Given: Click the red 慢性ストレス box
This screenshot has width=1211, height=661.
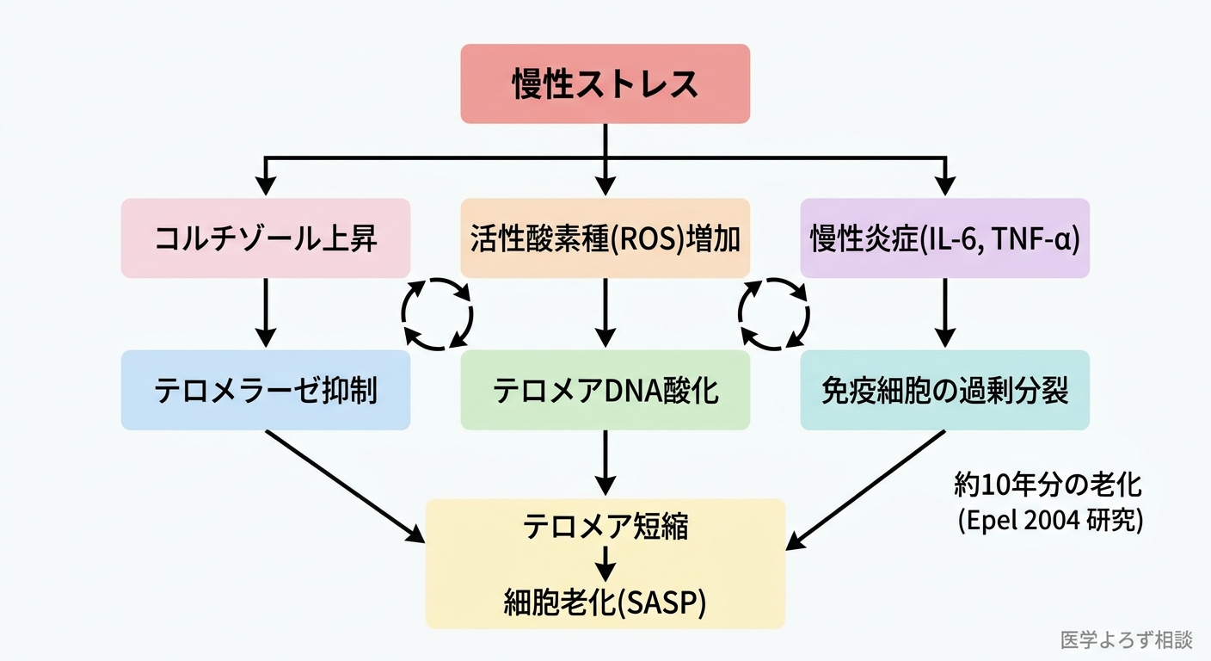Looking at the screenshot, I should (605, 83).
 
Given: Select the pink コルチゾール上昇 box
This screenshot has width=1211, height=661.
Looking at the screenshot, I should (265, 238).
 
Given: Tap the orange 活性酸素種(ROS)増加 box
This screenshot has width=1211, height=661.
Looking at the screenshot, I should (605, 238).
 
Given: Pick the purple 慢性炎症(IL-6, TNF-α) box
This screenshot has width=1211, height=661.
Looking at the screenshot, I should (944, 238).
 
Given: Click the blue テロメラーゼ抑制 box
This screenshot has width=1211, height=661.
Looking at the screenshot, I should (265, 390).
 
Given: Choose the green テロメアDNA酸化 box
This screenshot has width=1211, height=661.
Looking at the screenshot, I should (605, 390).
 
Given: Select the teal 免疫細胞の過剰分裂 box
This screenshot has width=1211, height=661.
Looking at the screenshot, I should (944, 390).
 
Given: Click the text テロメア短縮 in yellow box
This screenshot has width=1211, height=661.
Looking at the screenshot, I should (605, 527).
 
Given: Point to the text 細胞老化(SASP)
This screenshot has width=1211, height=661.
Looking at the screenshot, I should (605, 603).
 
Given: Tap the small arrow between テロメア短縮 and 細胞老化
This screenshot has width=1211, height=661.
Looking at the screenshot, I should (605, 564).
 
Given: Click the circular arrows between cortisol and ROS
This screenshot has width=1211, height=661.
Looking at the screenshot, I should (437, 313).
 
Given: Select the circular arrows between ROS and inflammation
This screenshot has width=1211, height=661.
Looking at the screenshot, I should (775, 313).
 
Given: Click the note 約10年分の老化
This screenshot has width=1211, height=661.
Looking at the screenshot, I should (1048, 485).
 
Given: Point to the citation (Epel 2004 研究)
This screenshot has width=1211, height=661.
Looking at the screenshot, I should (1050, 522).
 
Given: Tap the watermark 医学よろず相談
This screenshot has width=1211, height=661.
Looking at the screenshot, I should (1127, 639).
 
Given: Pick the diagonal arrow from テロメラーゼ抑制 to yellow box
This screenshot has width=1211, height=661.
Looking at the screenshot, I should (344, 485).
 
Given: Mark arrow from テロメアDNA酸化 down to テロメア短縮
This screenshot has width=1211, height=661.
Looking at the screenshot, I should (605, 461).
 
